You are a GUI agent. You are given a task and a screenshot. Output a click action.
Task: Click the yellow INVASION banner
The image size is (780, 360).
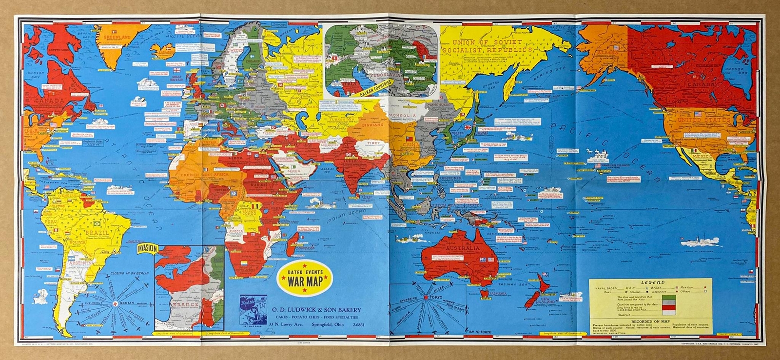[x=147, y=249]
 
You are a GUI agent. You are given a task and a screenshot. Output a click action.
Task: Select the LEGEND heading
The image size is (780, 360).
[x=652, y=282]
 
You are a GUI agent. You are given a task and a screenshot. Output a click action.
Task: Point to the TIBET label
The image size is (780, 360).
[x=373, y=143]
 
